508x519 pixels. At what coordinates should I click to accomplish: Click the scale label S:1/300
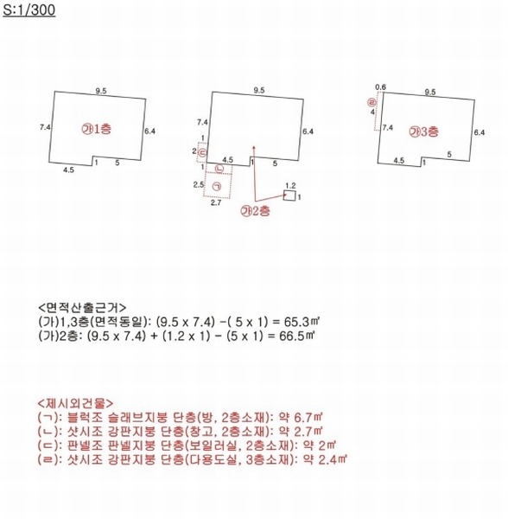29,10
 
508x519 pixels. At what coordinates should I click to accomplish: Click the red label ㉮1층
97,129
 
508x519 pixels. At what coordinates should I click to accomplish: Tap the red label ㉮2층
255,211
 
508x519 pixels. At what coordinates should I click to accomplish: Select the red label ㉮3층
424,131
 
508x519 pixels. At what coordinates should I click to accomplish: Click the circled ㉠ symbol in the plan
217,187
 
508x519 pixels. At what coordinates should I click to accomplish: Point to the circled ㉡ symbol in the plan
219,169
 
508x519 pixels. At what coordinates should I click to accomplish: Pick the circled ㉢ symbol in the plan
202,152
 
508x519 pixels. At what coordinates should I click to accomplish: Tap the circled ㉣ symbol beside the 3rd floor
371,102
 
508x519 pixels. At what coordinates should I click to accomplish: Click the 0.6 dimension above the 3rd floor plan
380,87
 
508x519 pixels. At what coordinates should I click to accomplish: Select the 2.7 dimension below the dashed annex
216,202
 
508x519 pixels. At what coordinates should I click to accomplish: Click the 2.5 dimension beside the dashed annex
199,184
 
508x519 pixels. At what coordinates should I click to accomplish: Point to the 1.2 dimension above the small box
290,185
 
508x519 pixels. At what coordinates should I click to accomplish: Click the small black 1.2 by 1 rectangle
289,195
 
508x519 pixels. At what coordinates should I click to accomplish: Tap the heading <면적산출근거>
82,307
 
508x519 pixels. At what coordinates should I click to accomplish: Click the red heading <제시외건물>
76,403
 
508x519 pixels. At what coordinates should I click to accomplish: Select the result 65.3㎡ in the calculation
301,322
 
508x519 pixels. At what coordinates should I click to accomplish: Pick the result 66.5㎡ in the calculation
297,336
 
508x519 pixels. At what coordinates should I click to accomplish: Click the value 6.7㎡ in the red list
308,418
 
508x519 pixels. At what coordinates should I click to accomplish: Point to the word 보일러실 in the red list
213,445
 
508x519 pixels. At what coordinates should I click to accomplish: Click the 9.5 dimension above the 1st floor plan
101,91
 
